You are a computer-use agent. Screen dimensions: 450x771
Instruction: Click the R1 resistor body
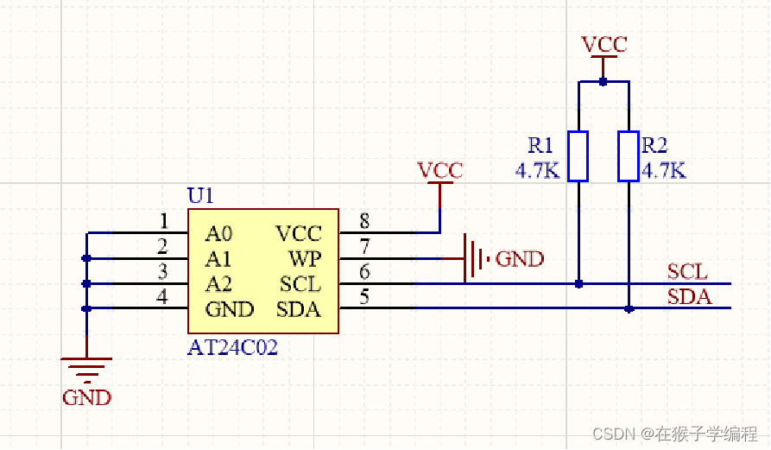point(578,156)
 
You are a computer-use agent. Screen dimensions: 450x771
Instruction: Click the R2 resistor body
point(629,156)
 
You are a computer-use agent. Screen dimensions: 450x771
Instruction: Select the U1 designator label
point(199,196)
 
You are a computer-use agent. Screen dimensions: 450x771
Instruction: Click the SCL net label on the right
point(688,272)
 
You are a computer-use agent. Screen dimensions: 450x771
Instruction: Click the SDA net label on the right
point(689,297)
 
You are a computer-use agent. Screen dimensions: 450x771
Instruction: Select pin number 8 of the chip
point(364,220)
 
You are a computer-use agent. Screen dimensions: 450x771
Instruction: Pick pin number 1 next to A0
point(163,220)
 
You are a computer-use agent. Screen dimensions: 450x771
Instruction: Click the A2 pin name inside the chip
point(219,283)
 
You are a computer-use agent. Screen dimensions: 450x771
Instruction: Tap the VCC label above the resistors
point(604,45)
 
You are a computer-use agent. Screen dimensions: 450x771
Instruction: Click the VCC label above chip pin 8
point(439,170)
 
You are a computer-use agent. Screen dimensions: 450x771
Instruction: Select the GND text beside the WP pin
point(520,258)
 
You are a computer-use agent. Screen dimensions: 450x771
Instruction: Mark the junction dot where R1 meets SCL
point(578,283)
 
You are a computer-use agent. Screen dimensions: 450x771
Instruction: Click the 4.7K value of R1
point(538,170)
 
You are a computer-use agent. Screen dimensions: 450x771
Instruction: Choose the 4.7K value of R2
point(663,170)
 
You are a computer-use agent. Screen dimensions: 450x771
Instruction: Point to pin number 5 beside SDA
point(364,297)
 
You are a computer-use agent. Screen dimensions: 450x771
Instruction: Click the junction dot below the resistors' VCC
point(604,82)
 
